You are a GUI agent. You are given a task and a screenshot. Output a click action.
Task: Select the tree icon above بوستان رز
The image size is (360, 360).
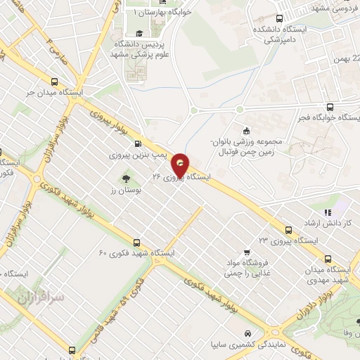point(127,177)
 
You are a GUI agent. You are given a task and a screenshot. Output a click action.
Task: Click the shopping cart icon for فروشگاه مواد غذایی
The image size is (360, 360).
point(246,252)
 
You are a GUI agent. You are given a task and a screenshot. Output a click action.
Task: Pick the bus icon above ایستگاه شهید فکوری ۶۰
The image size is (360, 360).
point(136,240)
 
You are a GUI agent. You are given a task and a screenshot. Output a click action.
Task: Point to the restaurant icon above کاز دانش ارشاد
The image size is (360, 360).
point(326,212)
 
